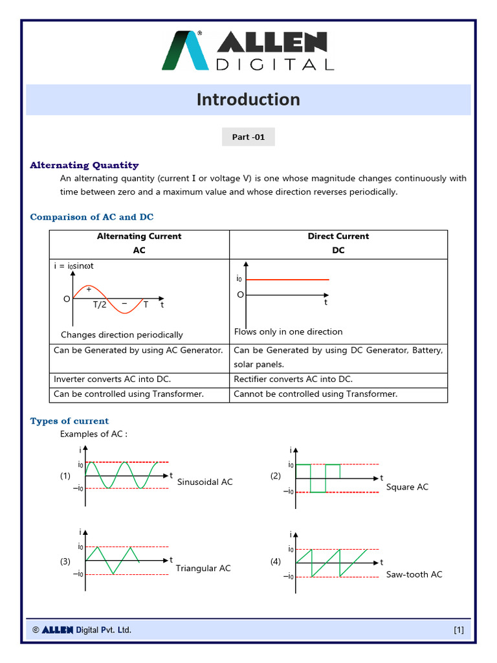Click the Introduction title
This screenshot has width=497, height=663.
click(x=248, y=100)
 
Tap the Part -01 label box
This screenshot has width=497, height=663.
click(x=248, y=137)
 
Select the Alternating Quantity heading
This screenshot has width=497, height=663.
click(x=84, y=165)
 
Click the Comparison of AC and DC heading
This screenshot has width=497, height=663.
click(x=92, y=217)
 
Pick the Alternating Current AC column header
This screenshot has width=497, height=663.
click(x=139, y=243)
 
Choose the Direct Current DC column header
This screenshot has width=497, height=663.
click(x=338, y=243)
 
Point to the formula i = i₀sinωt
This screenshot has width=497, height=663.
click(x=78, y=265)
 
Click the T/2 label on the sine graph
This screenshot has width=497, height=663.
click(x=100, y=304)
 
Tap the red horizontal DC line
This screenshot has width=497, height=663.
click(x=287, y=280)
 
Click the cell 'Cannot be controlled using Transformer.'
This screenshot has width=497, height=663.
click(x=316, y=394)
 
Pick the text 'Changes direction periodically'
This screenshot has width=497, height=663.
click(x=122, y=335)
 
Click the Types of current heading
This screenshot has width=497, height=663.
click(x=69, y=421)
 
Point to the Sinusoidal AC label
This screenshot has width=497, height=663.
click(x=204, y=482)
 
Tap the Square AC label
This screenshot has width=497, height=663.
click(x=407, y=487)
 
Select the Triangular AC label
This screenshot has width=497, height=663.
click(x=203, y=568)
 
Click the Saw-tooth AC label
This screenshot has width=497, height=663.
click(x=414, y=574)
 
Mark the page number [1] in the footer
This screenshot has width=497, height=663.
click(x=459, y=629)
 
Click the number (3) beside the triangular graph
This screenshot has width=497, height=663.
click(x=65, y=561)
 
